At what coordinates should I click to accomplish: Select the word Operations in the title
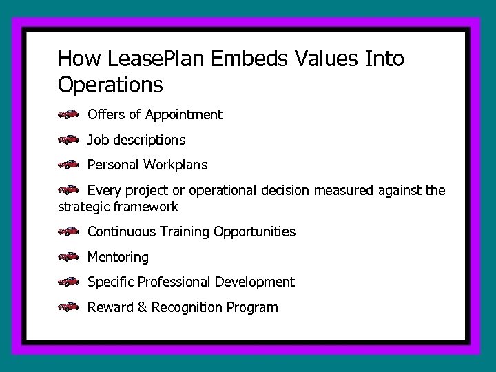(111, 85)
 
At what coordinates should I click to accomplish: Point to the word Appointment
(185, 115)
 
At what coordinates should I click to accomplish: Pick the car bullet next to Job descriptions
(69, 141)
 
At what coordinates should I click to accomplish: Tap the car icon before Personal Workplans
(69, 165)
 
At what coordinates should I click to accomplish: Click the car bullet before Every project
(69, 190)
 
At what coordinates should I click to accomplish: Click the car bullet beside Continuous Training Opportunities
(69, 232)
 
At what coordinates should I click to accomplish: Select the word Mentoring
(118, 257)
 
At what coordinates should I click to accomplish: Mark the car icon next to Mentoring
(69, 257)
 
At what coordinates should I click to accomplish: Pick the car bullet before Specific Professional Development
(69, 282)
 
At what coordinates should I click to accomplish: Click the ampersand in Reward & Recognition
(143, 307)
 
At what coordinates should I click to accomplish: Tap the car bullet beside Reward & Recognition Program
(69, 307)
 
